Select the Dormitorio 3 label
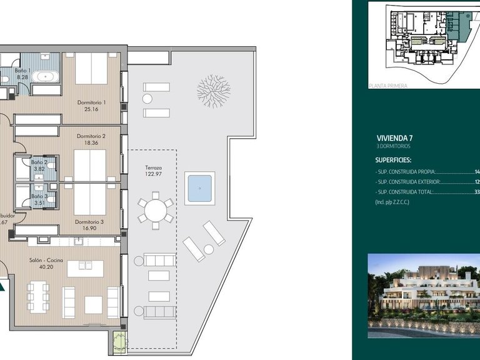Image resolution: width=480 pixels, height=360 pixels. (x=89, y=221)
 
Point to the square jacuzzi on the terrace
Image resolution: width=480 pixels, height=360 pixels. (x=199, y=187)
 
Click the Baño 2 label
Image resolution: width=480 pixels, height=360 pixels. (x=39, y=162)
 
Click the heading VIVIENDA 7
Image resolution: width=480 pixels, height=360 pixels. (x=394, y=138)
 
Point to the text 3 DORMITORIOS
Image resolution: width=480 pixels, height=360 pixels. (x=394, y=146)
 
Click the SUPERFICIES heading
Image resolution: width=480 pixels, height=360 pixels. (x=394, y=160)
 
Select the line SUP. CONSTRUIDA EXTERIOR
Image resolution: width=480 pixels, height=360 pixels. (x=407, y=181)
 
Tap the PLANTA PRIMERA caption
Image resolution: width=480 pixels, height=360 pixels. (x=387, y=86)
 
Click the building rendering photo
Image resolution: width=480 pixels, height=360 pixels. (x=423, y=295)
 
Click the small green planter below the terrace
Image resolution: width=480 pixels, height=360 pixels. (x=119, y=341)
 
